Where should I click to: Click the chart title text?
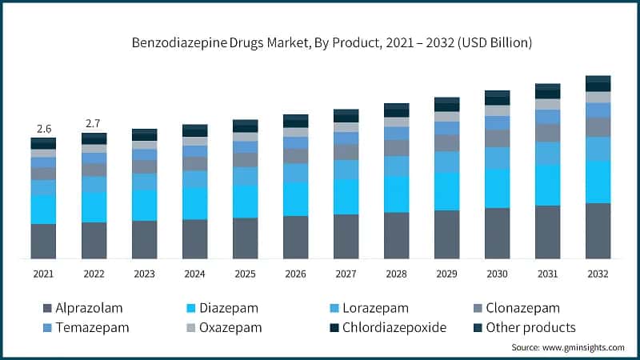(332, 41)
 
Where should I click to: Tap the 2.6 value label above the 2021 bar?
(43, 128)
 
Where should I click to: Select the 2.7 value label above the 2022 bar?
(94, 123)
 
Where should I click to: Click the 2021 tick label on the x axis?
(43, 274)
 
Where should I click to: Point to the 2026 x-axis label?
(295, 274)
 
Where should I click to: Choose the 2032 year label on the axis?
(598, 274)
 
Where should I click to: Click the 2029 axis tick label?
(446, 274)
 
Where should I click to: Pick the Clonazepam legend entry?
(516, 308)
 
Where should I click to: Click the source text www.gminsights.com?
(568, 347)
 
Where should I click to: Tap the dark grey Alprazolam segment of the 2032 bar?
(598, 230)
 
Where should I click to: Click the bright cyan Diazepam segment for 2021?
(43, 210)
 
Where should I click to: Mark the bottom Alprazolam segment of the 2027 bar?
(346, 236)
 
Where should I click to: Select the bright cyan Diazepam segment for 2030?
(497, 189)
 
